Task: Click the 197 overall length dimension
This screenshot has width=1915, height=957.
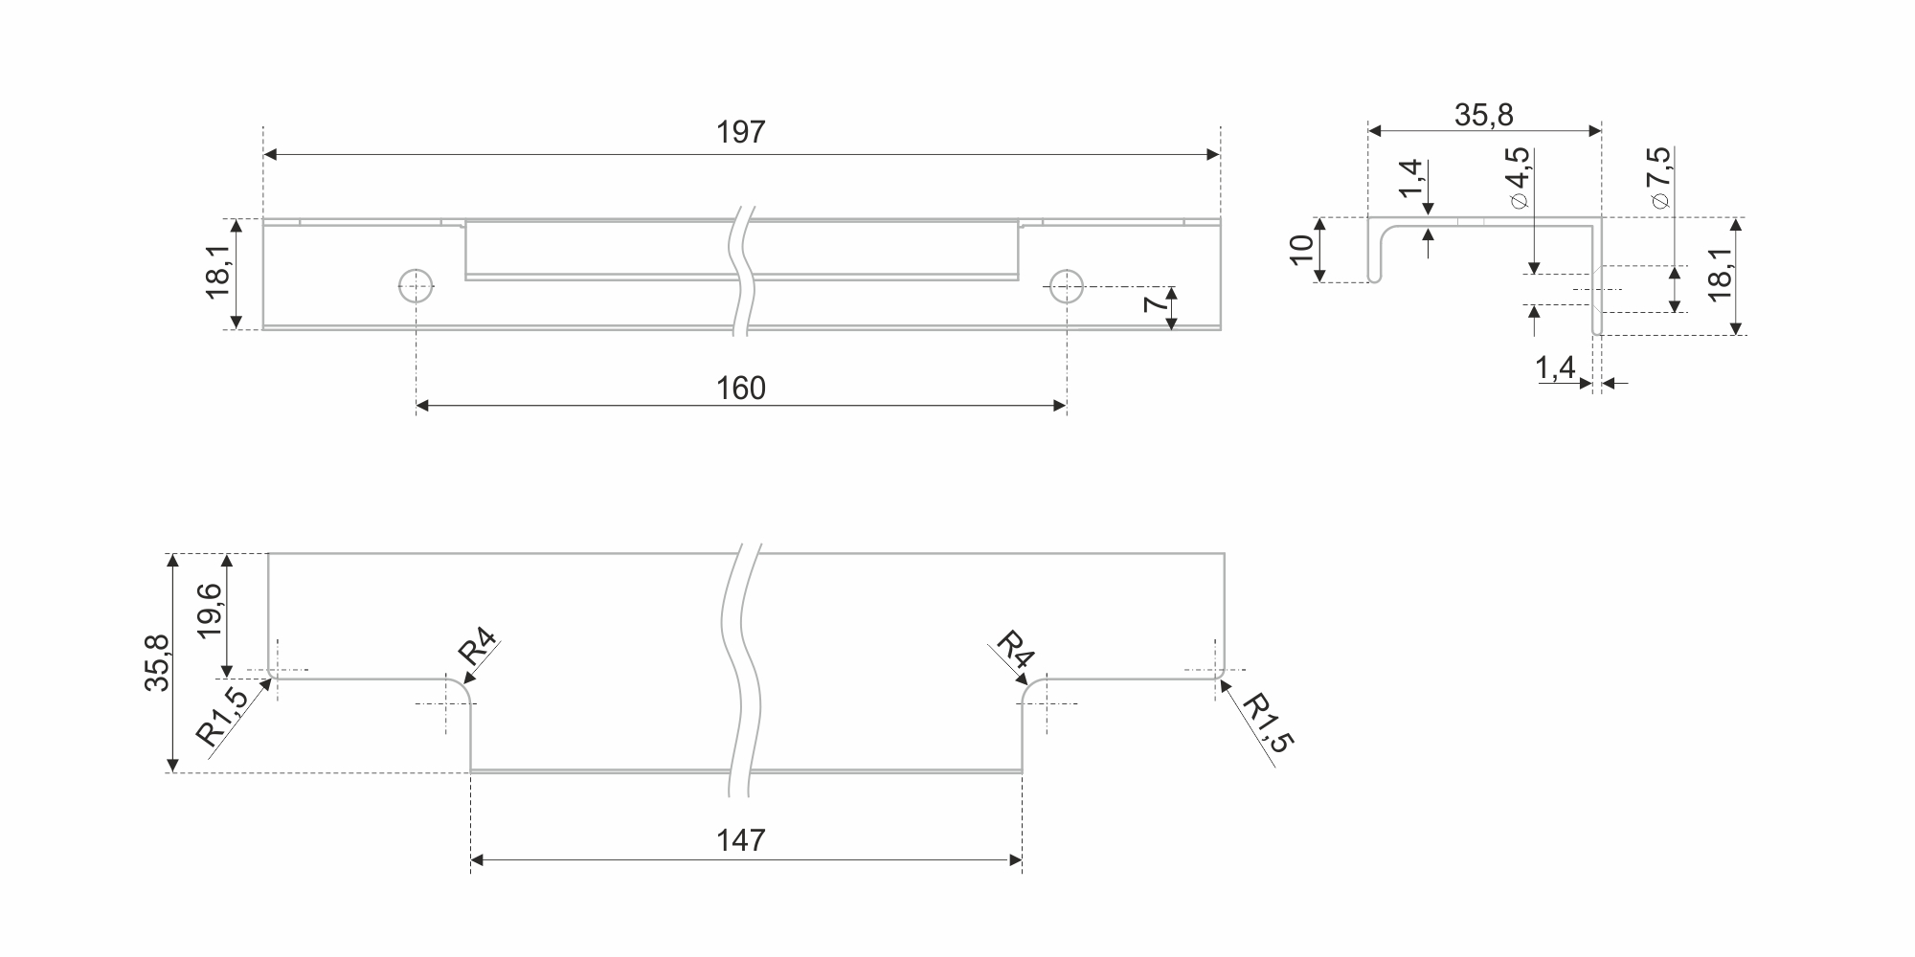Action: [741, 132]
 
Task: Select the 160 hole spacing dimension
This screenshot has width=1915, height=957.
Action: [741, 389]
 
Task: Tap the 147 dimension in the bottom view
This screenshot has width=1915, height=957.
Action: [741, 840]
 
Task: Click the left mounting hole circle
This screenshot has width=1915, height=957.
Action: [417, 285]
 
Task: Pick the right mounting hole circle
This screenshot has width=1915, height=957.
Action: [1066, 285]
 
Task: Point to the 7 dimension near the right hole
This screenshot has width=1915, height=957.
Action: [1155, 305]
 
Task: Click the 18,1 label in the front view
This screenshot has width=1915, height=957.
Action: [218, 273]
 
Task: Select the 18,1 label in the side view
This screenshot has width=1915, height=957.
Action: [1721, 276]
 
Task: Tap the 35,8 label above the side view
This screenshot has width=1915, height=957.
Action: [1484, 115]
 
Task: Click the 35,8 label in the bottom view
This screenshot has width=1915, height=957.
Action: [157, 662]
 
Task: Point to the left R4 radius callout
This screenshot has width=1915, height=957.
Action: [477, 650]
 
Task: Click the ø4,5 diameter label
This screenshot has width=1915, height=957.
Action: [1517, 179]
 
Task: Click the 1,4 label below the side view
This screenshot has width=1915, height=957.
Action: [1556, 369]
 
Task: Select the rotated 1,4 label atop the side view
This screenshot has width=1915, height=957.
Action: [1411, 180]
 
